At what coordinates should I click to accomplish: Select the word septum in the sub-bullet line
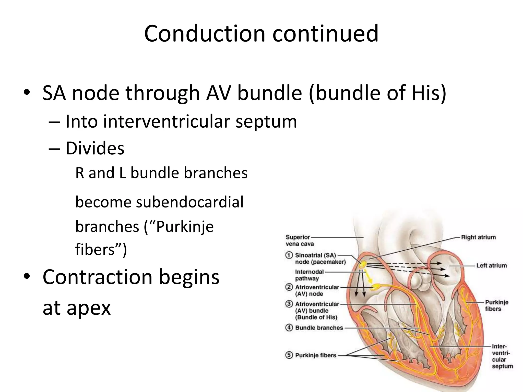(x=266, y=121)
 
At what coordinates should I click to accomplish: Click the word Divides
(x=95, y=148)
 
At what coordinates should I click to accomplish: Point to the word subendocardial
(x=190, y=202)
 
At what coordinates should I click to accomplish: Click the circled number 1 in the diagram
(x=289, y=255)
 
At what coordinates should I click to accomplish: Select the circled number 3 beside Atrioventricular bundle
(x=289, y=304)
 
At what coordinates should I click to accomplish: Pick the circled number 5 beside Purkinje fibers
(x=289, y=355)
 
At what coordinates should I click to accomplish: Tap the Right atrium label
(x=478, y=237)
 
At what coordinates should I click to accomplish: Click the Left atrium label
(x=491, y=265)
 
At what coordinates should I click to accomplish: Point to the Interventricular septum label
(x=502, y=356)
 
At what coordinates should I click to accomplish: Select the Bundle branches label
(x=319, y=328)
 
